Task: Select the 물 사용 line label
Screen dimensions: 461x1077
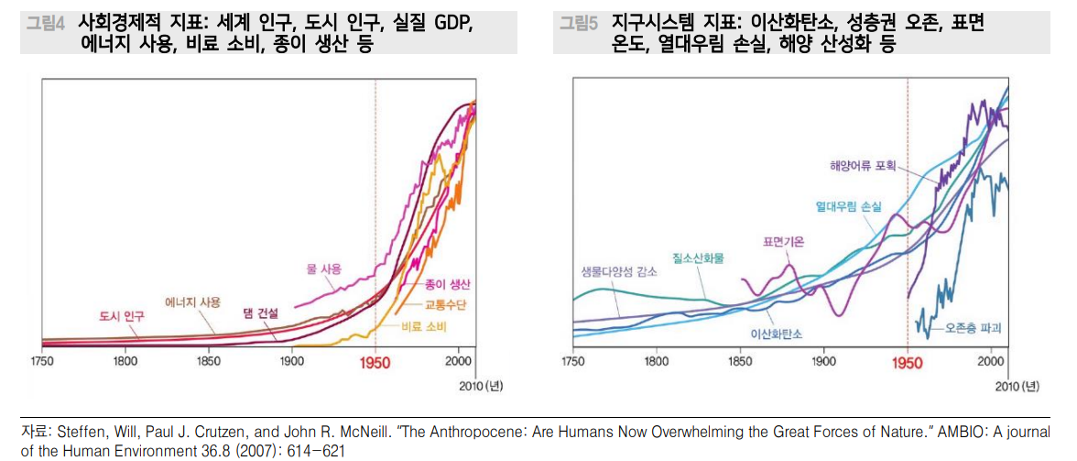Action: point(323,269)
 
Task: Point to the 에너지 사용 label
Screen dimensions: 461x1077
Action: point(192,302)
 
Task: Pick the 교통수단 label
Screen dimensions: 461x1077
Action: point(443,304)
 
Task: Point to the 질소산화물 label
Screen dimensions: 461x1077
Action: point(697,259)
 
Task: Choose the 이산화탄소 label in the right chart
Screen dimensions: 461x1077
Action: point(776,335)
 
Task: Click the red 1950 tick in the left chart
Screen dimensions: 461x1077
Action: point(375,362)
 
